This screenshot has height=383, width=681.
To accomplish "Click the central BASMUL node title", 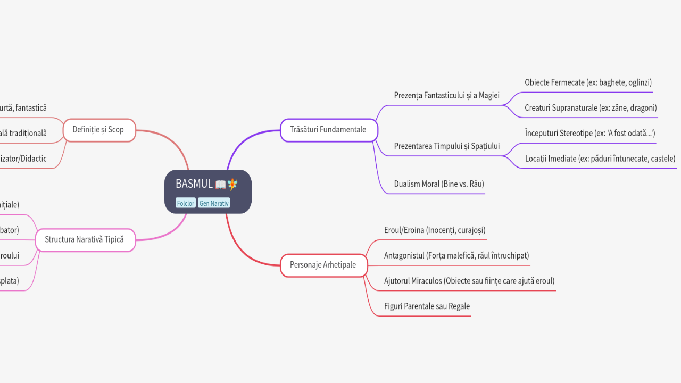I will click(x=194, y=184).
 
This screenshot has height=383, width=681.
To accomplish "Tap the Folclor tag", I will click(x=186, y=203).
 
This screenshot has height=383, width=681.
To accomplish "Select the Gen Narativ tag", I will click(x=214, y=203).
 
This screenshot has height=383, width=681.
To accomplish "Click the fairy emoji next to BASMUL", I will click(x=233, y=184).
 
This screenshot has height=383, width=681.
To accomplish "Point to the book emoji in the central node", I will click(x=221, y=185).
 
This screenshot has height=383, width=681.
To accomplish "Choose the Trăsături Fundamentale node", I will click(x=328, y=130).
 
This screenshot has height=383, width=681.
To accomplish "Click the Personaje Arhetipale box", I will click(x=323, y=265).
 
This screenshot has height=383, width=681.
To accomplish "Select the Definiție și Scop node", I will click(x=98, y=130).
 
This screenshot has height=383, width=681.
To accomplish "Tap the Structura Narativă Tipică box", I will click(x=84, y=239).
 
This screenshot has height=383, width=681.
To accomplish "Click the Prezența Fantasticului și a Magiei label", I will click(x=447, y=96).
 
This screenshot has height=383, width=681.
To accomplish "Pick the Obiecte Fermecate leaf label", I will click(x=588, y=82).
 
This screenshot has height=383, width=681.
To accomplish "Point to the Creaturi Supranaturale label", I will click(x=591, y=108).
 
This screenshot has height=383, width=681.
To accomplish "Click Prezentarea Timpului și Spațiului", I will click(x=447, y=146).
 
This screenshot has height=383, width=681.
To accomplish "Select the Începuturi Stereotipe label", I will click(x=589, y=134).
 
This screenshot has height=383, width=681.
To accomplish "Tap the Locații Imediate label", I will click(x=600, y=159).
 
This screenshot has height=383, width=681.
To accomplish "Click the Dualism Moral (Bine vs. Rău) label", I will click(x=439, y=184).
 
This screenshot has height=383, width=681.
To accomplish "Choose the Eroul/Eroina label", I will click(x=435, y=230).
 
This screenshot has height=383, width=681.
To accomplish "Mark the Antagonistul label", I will click(x=456, y=256).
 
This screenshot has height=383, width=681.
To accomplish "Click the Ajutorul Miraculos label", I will click(x=469, y=281).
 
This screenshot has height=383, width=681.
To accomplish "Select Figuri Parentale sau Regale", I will click(x=427, y=306).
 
